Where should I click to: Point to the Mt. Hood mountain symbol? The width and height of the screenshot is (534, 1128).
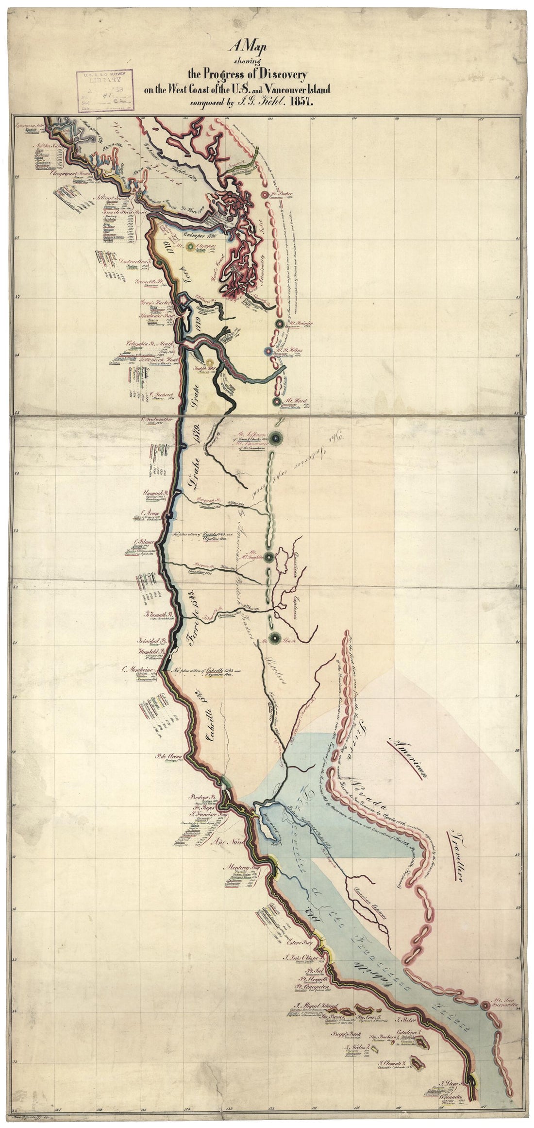click(x=276, y=401)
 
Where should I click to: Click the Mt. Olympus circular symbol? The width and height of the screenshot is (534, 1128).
click(x=188, y=246)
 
